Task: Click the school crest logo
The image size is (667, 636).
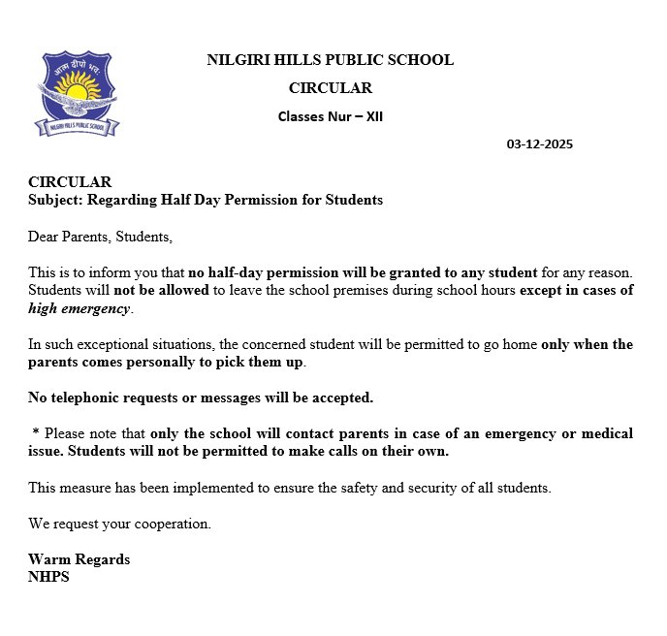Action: (77, 93)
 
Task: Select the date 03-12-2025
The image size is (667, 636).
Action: (540, 144)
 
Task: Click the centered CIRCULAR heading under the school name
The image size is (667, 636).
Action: (330, 88)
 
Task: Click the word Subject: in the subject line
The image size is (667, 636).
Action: (55, 200)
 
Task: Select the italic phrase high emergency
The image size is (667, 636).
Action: (79, 308)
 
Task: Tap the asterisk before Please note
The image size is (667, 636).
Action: (35, 433)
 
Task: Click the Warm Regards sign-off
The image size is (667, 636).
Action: (79, 559)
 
